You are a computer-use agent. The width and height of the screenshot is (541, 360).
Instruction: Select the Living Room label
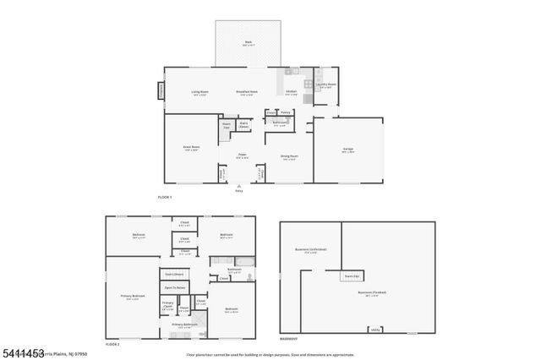point(199,91)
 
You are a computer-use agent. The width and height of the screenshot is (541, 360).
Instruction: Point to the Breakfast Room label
point(247,91)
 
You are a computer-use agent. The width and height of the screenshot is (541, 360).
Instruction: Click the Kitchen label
point(291,91)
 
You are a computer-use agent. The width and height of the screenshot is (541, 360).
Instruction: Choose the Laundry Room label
point(326,85)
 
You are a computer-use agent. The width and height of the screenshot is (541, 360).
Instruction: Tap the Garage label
point(347,150)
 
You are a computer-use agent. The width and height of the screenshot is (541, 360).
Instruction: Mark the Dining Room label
point(289,155)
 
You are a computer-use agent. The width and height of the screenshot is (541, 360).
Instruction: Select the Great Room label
point(191,147)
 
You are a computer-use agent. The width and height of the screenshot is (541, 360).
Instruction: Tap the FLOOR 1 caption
point(164,196)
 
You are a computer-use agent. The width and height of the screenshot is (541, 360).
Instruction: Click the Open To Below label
point(174,288)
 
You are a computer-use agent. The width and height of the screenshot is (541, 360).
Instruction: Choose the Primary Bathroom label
point(185,325)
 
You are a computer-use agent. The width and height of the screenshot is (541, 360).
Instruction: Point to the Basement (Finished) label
point(372,293)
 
